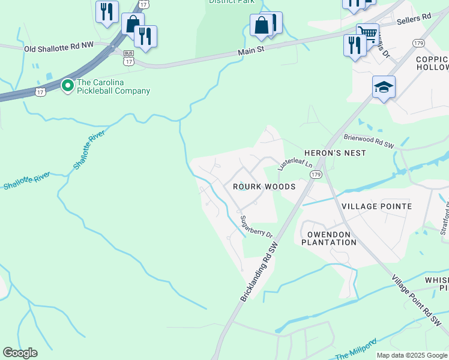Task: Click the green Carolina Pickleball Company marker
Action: [68, 86]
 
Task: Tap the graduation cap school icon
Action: [384, 88]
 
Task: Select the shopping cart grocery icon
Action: [367, 33]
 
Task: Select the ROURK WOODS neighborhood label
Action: [264, 187]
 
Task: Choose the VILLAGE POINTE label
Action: [376, 206]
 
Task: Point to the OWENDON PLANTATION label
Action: [328, 238]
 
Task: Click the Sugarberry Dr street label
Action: [256, 227]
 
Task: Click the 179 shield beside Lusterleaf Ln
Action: [316, 174]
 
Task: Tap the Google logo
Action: [20, 353]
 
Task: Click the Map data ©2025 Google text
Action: [412, 355]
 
